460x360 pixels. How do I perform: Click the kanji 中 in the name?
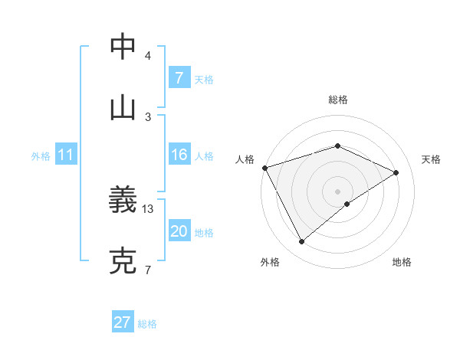pos(124,47)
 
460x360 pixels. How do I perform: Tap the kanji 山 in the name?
pos(124,108)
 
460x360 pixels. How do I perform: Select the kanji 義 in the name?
pos(124,201)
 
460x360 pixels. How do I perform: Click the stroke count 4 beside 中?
pos(148,56)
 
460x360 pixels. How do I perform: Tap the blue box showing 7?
pos(179,78)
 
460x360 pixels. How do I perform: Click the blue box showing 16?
pos(179,155)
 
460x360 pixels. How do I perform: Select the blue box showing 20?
pos(179,231)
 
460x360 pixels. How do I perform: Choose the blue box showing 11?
pos(65,155)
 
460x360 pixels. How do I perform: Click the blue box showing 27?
pos(123,322)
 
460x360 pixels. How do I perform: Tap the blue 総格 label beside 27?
pos(147,324)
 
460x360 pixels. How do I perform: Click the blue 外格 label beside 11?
pos(41,156)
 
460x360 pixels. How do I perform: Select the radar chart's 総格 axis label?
pos(338,100)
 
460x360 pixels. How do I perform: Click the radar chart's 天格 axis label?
pos(432,159)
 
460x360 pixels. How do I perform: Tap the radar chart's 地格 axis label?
pos(402,262)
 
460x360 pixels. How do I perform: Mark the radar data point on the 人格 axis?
pos(264,168)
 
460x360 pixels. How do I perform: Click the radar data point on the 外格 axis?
pos(302,242)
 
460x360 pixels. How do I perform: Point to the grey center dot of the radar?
pos(337,191)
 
